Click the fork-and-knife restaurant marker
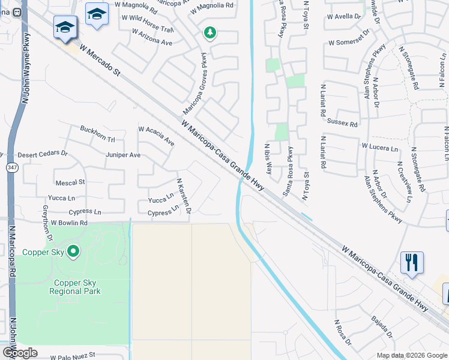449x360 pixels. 412,262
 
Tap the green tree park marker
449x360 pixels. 209,32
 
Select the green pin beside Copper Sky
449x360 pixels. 73,251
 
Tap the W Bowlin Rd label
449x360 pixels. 69,223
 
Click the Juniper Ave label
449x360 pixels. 123,155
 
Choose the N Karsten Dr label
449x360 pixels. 183,196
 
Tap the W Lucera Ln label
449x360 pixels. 379,147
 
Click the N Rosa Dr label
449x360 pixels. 343,332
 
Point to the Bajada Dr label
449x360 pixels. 382,327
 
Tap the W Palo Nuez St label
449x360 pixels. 73,356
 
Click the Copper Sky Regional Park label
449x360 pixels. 77,287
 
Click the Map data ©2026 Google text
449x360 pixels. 411,355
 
